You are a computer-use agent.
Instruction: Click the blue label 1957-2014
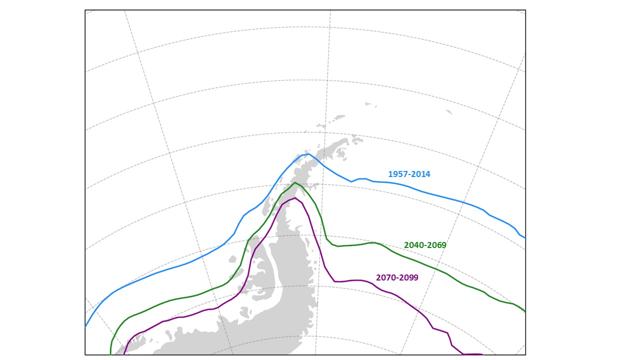409,174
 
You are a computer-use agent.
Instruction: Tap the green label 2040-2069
425,245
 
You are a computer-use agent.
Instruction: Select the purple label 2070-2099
397,277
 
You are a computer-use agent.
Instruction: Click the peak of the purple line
296,198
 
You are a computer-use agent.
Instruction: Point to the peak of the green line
295,182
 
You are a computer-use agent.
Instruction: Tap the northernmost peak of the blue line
309,153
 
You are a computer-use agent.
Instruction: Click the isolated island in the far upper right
448,112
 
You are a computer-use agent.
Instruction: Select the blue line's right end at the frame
524,237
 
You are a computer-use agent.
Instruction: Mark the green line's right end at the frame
524,311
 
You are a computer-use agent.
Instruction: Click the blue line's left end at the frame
86,326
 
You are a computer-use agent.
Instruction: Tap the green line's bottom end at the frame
110,353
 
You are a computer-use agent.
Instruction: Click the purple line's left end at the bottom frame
124,353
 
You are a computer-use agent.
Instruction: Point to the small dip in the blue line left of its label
351,181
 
